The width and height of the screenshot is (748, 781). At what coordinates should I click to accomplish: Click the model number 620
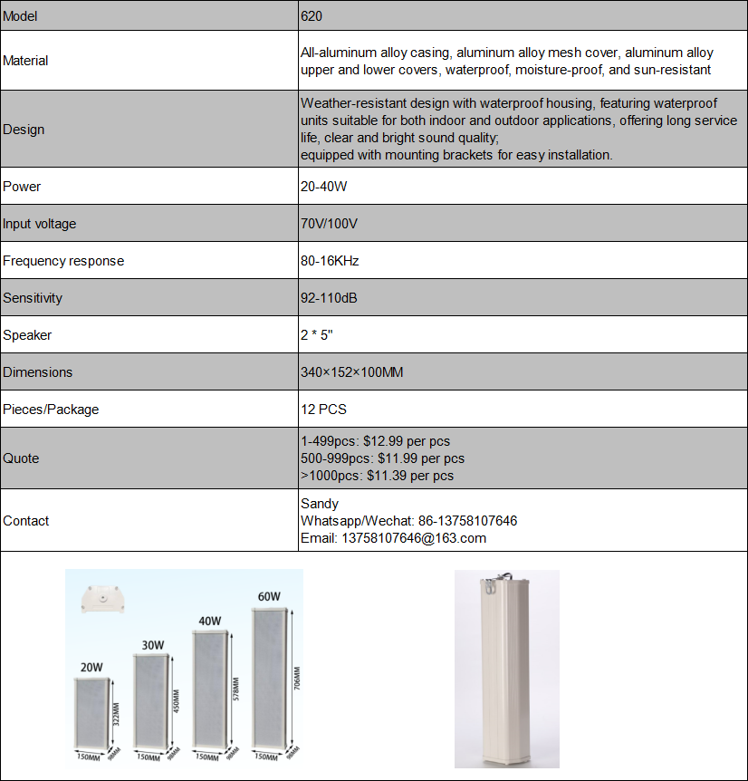click(x=312, y=16)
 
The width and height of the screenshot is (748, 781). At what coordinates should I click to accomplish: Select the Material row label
click(x=25, y=61)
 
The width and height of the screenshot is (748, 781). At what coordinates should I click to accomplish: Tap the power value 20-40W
click(x=324, y=187)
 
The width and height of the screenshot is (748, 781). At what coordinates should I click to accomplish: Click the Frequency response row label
click(x=63, y=261)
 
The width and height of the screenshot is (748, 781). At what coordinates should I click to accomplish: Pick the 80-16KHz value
click(x=330, y=261)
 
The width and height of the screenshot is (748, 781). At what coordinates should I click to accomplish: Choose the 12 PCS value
click(x=324, y=410)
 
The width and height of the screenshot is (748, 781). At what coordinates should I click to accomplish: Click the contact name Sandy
click(x=320, y=504)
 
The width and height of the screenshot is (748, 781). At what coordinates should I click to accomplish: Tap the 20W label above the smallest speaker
click(x=91, y=668)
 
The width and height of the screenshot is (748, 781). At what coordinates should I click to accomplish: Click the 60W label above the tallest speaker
click(x=268, y=597)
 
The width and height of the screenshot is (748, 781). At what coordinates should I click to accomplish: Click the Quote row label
click(x=21, y=458)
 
